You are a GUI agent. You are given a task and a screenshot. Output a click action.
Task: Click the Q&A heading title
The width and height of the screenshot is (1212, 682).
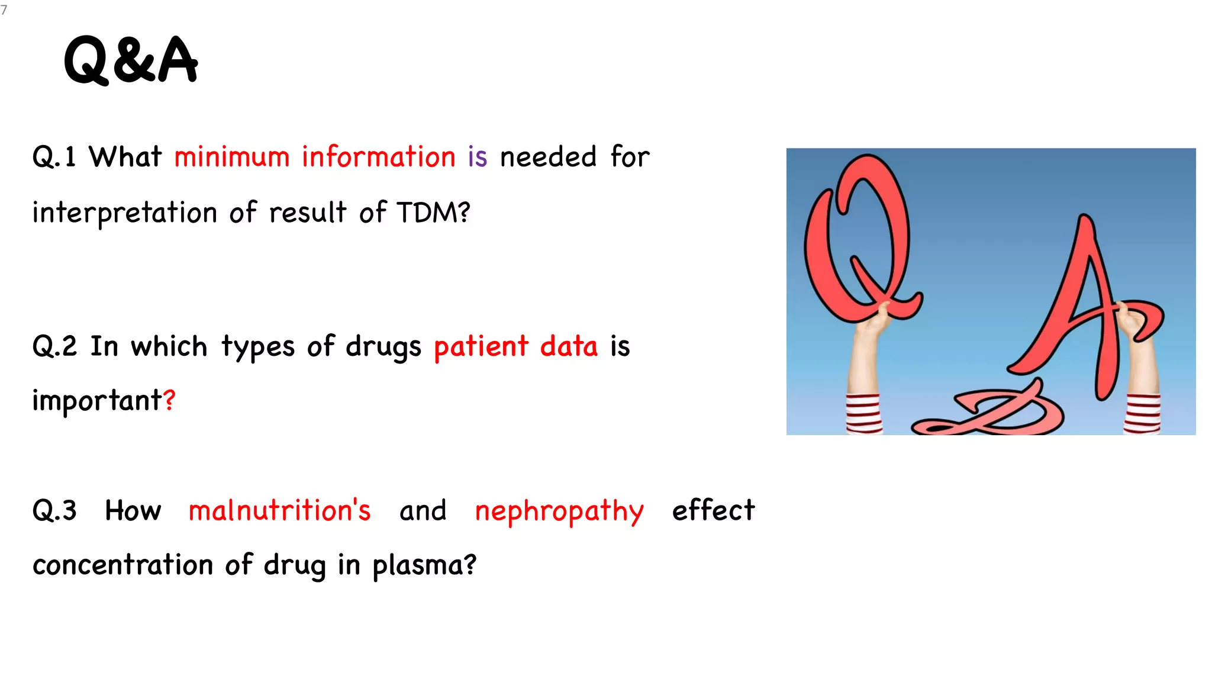(x=131, y=60)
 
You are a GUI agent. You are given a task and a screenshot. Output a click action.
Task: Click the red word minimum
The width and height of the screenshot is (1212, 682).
(x=231, y=157)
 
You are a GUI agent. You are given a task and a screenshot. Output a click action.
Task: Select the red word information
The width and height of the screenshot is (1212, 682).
(x=378, y=157)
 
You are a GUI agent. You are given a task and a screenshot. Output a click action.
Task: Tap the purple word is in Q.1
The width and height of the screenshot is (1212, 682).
(x=477, y=157)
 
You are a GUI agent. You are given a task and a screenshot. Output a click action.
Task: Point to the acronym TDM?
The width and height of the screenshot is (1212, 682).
(x=433, y=213)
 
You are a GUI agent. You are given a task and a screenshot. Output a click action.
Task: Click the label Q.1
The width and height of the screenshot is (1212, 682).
(x=54, y=157)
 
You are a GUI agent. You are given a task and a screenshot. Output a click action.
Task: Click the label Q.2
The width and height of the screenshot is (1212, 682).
(x=54, y=346)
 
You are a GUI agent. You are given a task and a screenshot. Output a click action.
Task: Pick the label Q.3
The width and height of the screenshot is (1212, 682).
(x=54, y=510)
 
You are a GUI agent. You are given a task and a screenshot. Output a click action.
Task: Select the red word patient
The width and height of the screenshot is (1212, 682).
(x=481, y=347)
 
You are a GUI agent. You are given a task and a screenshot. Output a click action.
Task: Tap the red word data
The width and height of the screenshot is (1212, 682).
(x=569, y=346)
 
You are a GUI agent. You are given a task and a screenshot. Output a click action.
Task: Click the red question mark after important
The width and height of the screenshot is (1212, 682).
(x=170, y=400)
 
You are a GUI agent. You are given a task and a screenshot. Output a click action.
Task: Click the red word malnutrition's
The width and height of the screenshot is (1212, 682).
(x=279, y=510)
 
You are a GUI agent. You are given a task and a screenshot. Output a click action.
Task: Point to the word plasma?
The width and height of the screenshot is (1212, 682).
(x=424, y=565)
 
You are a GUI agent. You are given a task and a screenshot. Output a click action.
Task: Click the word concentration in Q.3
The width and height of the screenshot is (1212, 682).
(x=123, y=565)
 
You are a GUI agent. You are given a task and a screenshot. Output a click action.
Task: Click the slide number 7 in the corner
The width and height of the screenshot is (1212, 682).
(x=4, y=10)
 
